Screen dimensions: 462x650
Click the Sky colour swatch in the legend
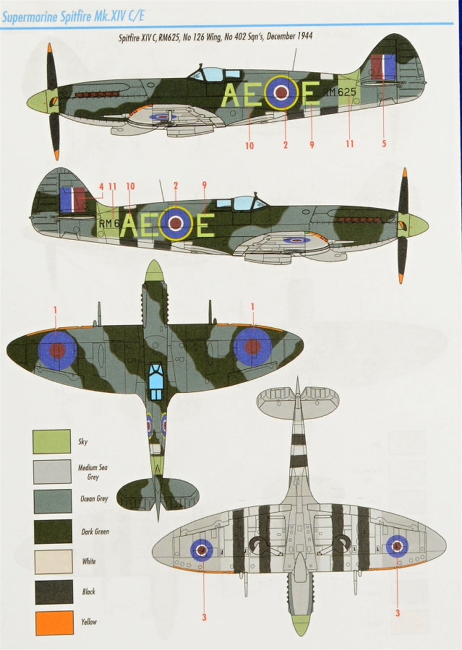[x=52, y=442]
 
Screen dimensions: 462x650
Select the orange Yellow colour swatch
[x=54, y=623]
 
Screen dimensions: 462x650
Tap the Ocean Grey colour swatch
[x=52, y=501]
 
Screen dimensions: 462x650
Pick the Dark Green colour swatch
[x=52, y=532]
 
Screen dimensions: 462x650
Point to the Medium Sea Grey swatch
[x=52, y=472]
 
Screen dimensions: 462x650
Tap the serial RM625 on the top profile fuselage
[x=340, y=92]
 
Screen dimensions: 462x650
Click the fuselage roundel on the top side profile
[x=281, y=92]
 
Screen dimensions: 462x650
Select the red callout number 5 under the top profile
[x=384, y=142]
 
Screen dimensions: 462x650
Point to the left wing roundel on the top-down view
[x=57, y=350]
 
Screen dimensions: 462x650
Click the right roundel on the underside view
[x=397, y=546]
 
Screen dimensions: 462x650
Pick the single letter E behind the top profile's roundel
[x=311, y=94]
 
